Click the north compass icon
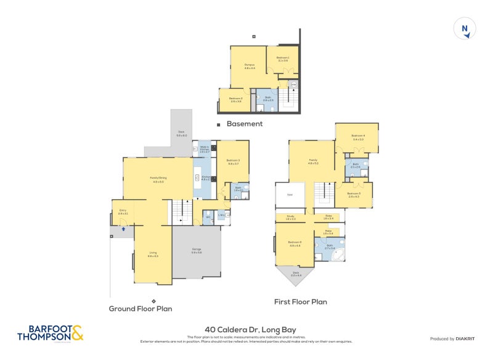[x=465, y=29]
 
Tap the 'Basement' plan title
[x=244, y=124]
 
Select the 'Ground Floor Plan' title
[x=141, y=308]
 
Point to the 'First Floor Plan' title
[x=300, y=302]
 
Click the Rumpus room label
[x=249, y=66]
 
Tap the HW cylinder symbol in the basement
[x=294, y=84]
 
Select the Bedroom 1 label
[x=283, y=60]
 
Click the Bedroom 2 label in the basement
[x=235, y=99]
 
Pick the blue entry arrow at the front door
[x=123, y=229]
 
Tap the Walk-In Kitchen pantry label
[x=205, y=149]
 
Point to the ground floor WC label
[x=208, y=217]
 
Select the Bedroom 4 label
[x=357, y=137]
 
